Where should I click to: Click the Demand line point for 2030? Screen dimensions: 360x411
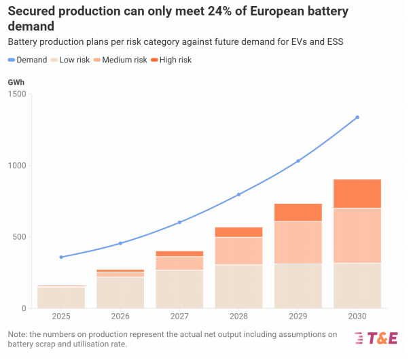click(x=357, y=118)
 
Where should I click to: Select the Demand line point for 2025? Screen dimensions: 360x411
click(x=61, y=257)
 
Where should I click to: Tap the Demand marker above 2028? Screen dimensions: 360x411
click(x=238, y=194)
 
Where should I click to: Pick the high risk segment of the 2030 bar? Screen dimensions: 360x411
click(x=357, y=194)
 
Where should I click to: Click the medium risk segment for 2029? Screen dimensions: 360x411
click(x=298, y=242)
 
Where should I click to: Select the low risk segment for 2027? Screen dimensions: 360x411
click(x=179, y=289)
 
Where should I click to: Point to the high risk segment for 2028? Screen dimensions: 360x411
click(x=238, y=232)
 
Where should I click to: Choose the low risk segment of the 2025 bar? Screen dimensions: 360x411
click(x=61, y=298)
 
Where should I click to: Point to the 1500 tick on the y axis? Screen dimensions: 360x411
click(x=19, y=94)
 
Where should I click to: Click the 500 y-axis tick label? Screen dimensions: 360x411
click(x=21, y=237)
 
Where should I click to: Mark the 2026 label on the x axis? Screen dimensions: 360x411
click(x=120, y=317)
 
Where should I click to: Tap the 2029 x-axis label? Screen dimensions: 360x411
click(x=298, y=317)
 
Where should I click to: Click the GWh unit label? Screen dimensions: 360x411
click(x=16, y=82)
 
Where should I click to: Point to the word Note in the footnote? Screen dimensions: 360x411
click(x=18, y=334)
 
